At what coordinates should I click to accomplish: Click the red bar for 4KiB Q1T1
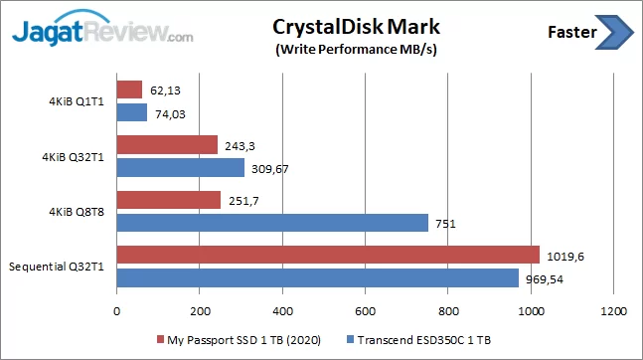tap(129, 90)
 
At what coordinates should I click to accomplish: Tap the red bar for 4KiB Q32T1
tap(167, 145)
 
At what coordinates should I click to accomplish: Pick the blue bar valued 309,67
tap(181, 167)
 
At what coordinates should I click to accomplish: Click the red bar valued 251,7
tap(169, 200)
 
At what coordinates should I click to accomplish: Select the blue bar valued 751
tap(272, 222)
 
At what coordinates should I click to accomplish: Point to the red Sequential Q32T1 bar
tap(328, 256)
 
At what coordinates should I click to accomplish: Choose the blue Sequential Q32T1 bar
tap(318, 277)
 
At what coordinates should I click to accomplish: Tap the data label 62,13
tap(164, 90)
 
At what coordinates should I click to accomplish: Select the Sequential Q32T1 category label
tap(60, 267)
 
